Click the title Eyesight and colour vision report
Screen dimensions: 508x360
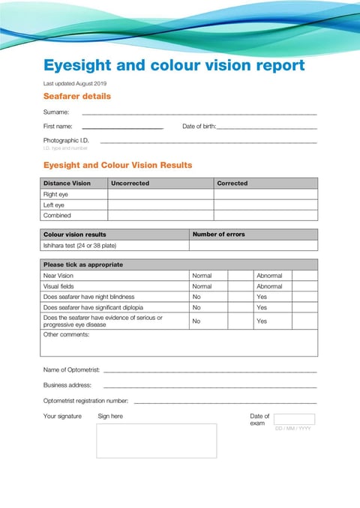pyautogui.click(x=174, y=65)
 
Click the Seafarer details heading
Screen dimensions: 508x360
pyautogui.click(x=77, y=96)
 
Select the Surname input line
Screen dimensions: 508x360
pyautogui.click(x=199, y=112)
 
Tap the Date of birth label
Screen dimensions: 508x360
pyautogui.click(x=199, y=127)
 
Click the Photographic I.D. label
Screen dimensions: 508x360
pyautogui.click(x=66, y=140)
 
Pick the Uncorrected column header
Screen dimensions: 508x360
pyautogui.click(x=130, y=183)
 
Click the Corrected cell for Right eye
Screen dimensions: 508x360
pyautogui.click(x=265, y=194)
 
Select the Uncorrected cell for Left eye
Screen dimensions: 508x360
pyautogui.click(x=160, y=205)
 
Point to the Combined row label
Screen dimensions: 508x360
pyautogui.click(x=57, y=215)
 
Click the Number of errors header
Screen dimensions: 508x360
pyautogui.click(x=219, y=235)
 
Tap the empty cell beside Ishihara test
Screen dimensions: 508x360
pyautogui.click(x=253, y=245)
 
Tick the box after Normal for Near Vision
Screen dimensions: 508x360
pyautogui.click(x=238, y=276)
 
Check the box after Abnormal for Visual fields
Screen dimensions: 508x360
pyautogui.click(x=304, y=286)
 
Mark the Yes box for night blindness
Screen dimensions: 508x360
pyautogui.click(x=304, y=297)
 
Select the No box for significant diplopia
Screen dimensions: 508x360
pyautogui.click(x=238, y=307)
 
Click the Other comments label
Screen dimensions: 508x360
pyautogui.click(x=66, y=334)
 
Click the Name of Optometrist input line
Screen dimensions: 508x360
pyautogui.click(x=210, y=371)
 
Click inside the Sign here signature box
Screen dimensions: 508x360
pyautogui.click(x=156, y=441)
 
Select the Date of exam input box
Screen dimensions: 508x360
pyautogui.click(x=294, y=420)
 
